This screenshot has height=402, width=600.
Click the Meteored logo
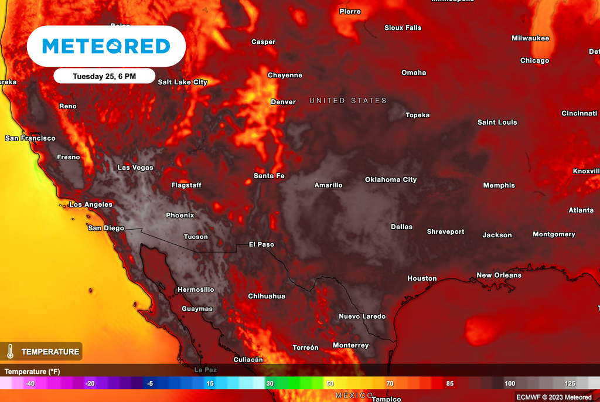(x=106, y=46)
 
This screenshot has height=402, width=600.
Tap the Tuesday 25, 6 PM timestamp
(x=104, y=76)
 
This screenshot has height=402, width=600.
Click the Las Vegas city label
(x=135, y=168)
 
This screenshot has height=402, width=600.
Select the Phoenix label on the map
(x=180, y=215)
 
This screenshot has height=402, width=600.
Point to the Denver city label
(x=283, y=102)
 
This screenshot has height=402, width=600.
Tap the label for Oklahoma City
(x=391, y=179)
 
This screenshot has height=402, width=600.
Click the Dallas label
(x=402, y=227)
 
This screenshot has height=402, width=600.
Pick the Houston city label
(x=422, y=278)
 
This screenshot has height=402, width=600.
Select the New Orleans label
(x=499, y=275)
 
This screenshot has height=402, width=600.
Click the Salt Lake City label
(x=183, y=82)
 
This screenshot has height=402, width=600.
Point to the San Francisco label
(x=30, y=138)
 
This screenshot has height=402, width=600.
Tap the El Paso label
(x=261, y=244)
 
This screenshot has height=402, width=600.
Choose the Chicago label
(x=534, y=60)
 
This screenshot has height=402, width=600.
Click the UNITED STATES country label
(x=348, y=101)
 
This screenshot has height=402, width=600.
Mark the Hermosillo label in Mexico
(x=196, y=289)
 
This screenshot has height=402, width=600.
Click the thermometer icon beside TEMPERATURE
(x=10, y=352)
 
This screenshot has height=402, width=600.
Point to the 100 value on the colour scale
(x=510, y=383)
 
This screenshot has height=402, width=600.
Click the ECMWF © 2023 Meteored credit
(x=554, y=397)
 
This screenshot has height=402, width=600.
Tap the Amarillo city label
(x=328, y=185)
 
